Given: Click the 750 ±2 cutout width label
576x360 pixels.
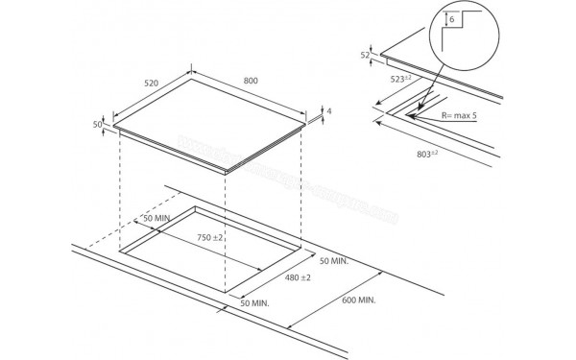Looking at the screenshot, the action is click(x=210, y=237).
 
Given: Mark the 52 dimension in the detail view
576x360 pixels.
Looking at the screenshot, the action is click(x=365, y=56).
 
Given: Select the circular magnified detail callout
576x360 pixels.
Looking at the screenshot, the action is click(x=462, y=34).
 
